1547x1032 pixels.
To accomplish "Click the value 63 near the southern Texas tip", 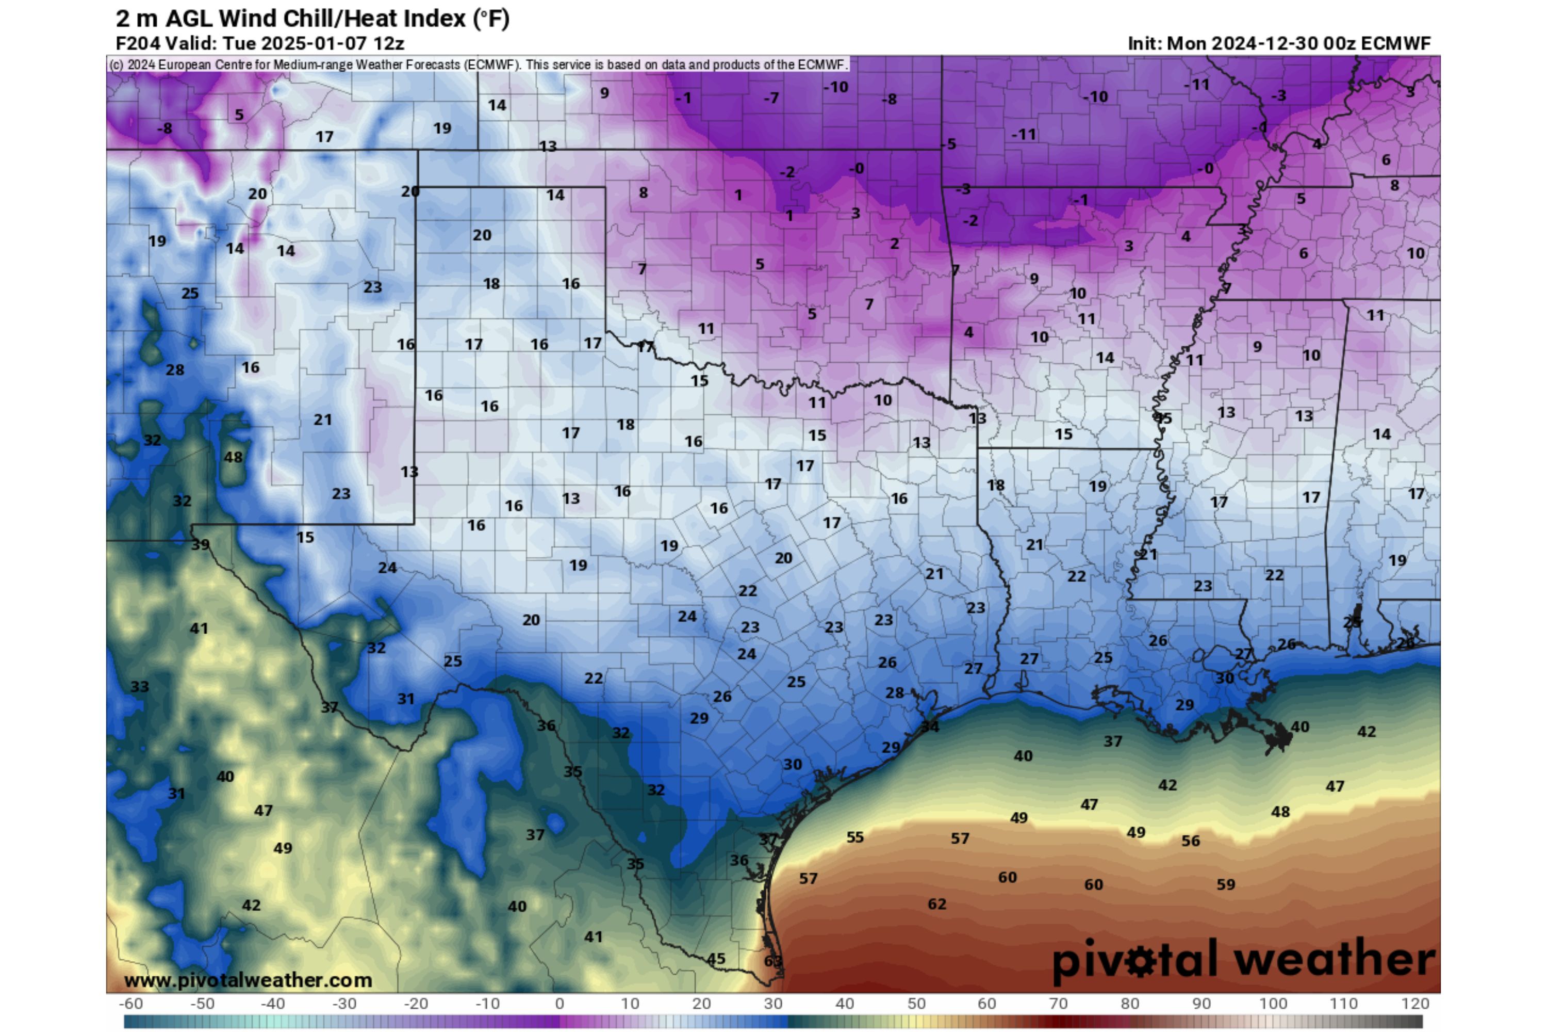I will point(773,961).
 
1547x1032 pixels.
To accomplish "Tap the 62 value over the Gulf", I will point(936,904).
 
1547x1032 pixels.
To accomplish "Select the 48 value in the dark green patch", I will point(233,457).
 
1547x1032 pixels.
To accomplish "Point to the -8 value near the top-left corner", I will point(164,128).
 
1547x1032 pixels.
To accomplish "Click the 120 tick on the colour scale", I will point(1415,1004).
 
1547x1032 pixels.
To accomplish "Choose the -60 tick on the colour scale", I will point(130,1004).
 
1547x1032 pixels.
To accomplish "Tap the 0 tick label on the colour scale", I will point(559,1004).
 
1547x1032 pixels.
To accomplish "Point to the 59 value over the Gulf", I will point(1225,884).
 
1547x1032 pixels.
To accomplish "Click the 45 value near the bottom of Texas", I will point(716,958).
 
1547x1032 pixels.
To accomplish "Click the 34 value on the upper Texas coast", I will point(929,727).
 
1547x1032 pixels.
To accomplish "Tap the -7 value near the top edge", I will point(771,98).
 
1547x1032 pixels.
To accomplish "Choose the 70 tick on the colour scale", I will point(1058,1004).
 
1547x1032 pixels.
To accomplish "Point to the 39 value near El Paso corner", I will point(200,544).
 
